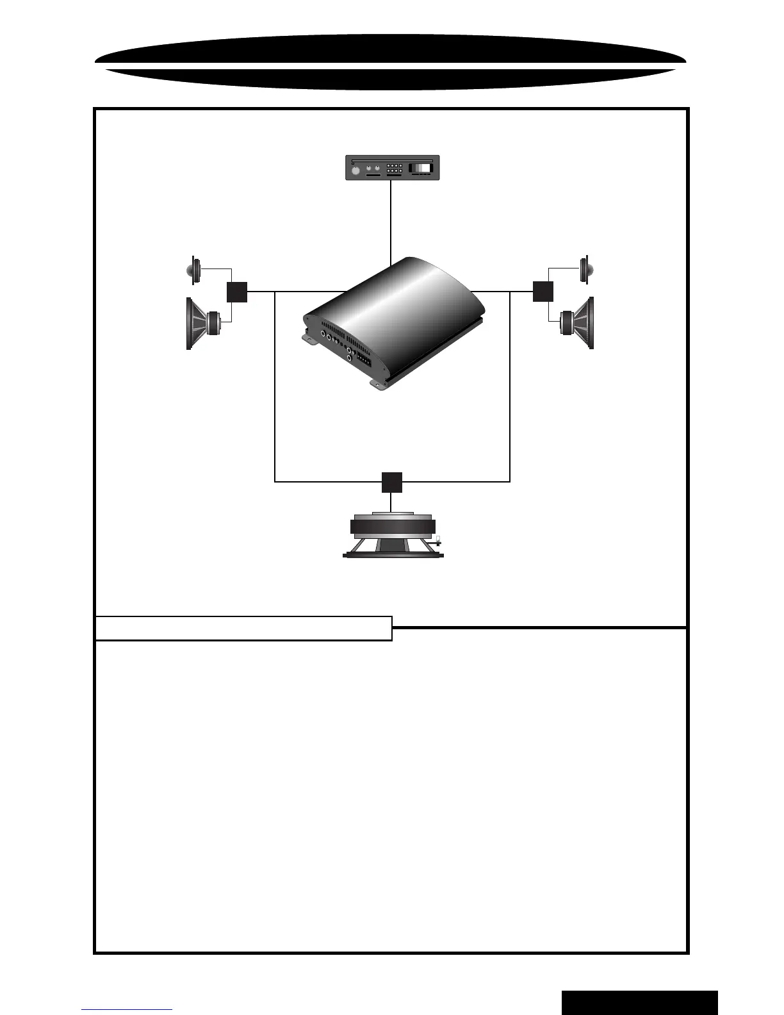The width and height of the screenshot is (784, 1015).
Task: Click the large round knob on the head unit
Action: click(355, 171)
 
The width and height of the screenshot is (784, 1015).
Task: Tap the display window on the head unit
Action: click(421, 169)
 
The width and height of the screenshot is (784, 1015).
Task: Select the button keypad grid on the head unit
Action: click(395, 169)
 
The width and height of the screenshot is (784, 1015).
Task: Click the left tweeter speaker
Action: click(193, 270)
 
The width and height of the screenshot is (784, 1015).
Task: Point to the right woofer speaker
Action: click(579, 323)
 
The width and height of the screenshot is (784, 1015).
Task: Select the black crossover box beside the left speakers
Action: click(237, 292)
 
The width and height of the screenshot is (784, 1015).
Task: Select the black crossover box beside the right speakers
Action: click(543, 292)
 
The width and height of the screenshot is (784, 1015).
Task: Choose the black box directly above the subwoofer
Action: click(392, 482)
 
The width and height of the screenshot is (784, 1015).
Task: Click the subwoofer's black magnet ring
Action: click(393, 527)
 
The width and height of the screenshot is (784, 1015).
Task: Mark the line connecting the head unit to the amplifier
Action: click(391, 221)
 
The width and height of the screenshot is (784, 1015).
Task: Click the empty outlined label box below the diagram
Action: click(243, 628)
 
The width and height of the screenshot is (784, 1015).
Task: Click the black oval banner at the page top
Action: click(391, 61)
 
